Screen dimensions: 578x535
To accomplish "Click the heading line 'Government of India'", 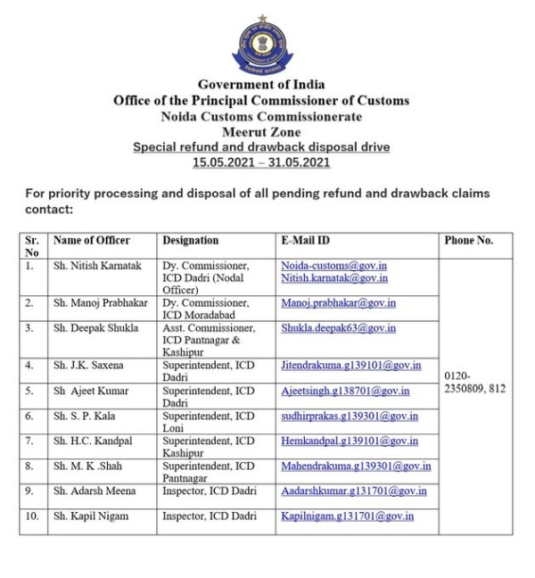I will pos(261,85).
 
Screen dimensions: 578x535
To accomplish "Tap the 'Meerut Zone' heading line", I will pos(261,131).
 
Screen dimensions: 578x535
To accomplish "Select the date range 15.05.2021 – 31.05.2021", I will pos(261,162).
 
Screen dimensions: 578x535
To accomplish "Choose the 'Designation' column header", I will pos(190,241).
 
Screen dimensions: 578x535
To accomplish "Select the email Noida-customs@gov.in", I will pos(334,266).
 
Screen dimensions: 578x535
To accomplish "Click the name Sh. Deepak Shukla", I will pos(95,328).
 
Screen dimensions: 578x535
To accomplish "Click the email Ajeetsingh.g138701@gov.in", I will pos(345,391).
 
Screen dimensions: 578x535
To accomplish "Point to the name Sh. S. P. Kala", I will pos(86,416).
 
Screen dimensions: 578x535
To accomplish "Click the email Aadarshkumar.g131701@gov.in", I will pos(354,491).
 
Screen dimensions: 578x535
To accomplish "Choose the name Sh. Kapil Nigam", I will pos(93,516).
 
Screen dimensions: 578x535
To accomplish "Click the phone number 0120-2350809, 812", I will pos(475,383).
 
